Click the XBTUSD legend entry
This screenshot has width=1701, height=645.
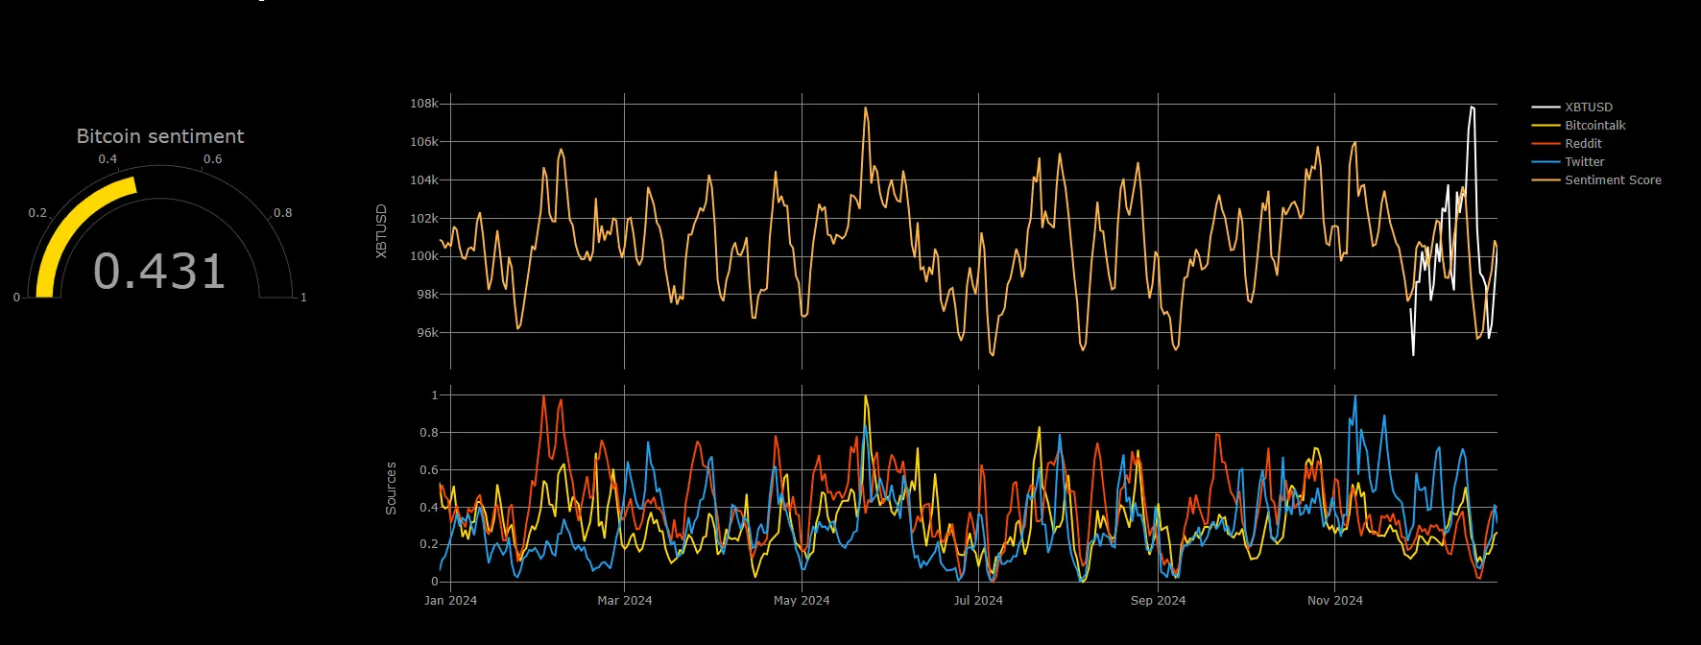[x=1588, y=107]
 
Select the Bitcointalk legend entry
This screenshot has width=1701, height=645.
[x=1594, y=126]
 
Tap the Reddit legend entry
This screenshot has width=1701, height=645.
[x=1583, y=144]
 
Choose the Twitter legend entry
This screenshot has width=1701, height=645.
[x=1584, y=162]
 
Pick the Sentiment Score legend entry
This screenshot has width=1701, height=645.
[x=1612, y=180]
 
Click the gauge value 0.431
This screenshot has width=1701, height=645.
[x=159, y=272]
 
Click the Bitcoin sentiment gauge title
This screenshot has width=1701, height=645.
[x=160, y=136]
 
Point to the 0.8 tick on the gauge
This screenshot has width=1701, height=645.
[x=282, y=213]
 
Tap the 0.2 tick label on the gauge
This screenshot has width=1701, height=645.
[x=37, y=213]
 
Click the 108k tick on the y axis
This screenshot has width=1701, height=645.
[x=424, y=104]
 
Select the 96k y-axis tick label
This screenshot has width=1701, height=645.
[x=427, y=333]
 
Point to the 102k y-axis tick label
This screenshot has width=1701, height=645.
[x=424, y=219]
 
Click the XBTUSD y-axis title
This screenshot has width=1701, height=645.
[x=381, y=231]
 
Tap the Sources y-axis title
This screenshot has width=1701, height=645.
[x=391, y=489]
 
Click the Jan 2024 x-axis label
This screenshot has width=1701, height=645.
[x=450, y=601]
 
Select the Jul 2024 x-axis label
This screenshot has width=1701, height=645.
[x=978, y=601]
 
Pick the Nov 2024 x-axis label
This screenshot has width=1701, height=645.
[x=1334, y=601]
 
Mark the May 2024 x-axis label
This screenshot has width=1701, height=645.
[x=802, y=601]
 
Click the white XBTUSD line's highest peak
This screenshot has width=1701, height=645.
[x=1472, y=107]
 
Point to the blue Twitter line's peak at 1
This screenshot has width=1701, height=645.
[x=1355, y=395]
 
